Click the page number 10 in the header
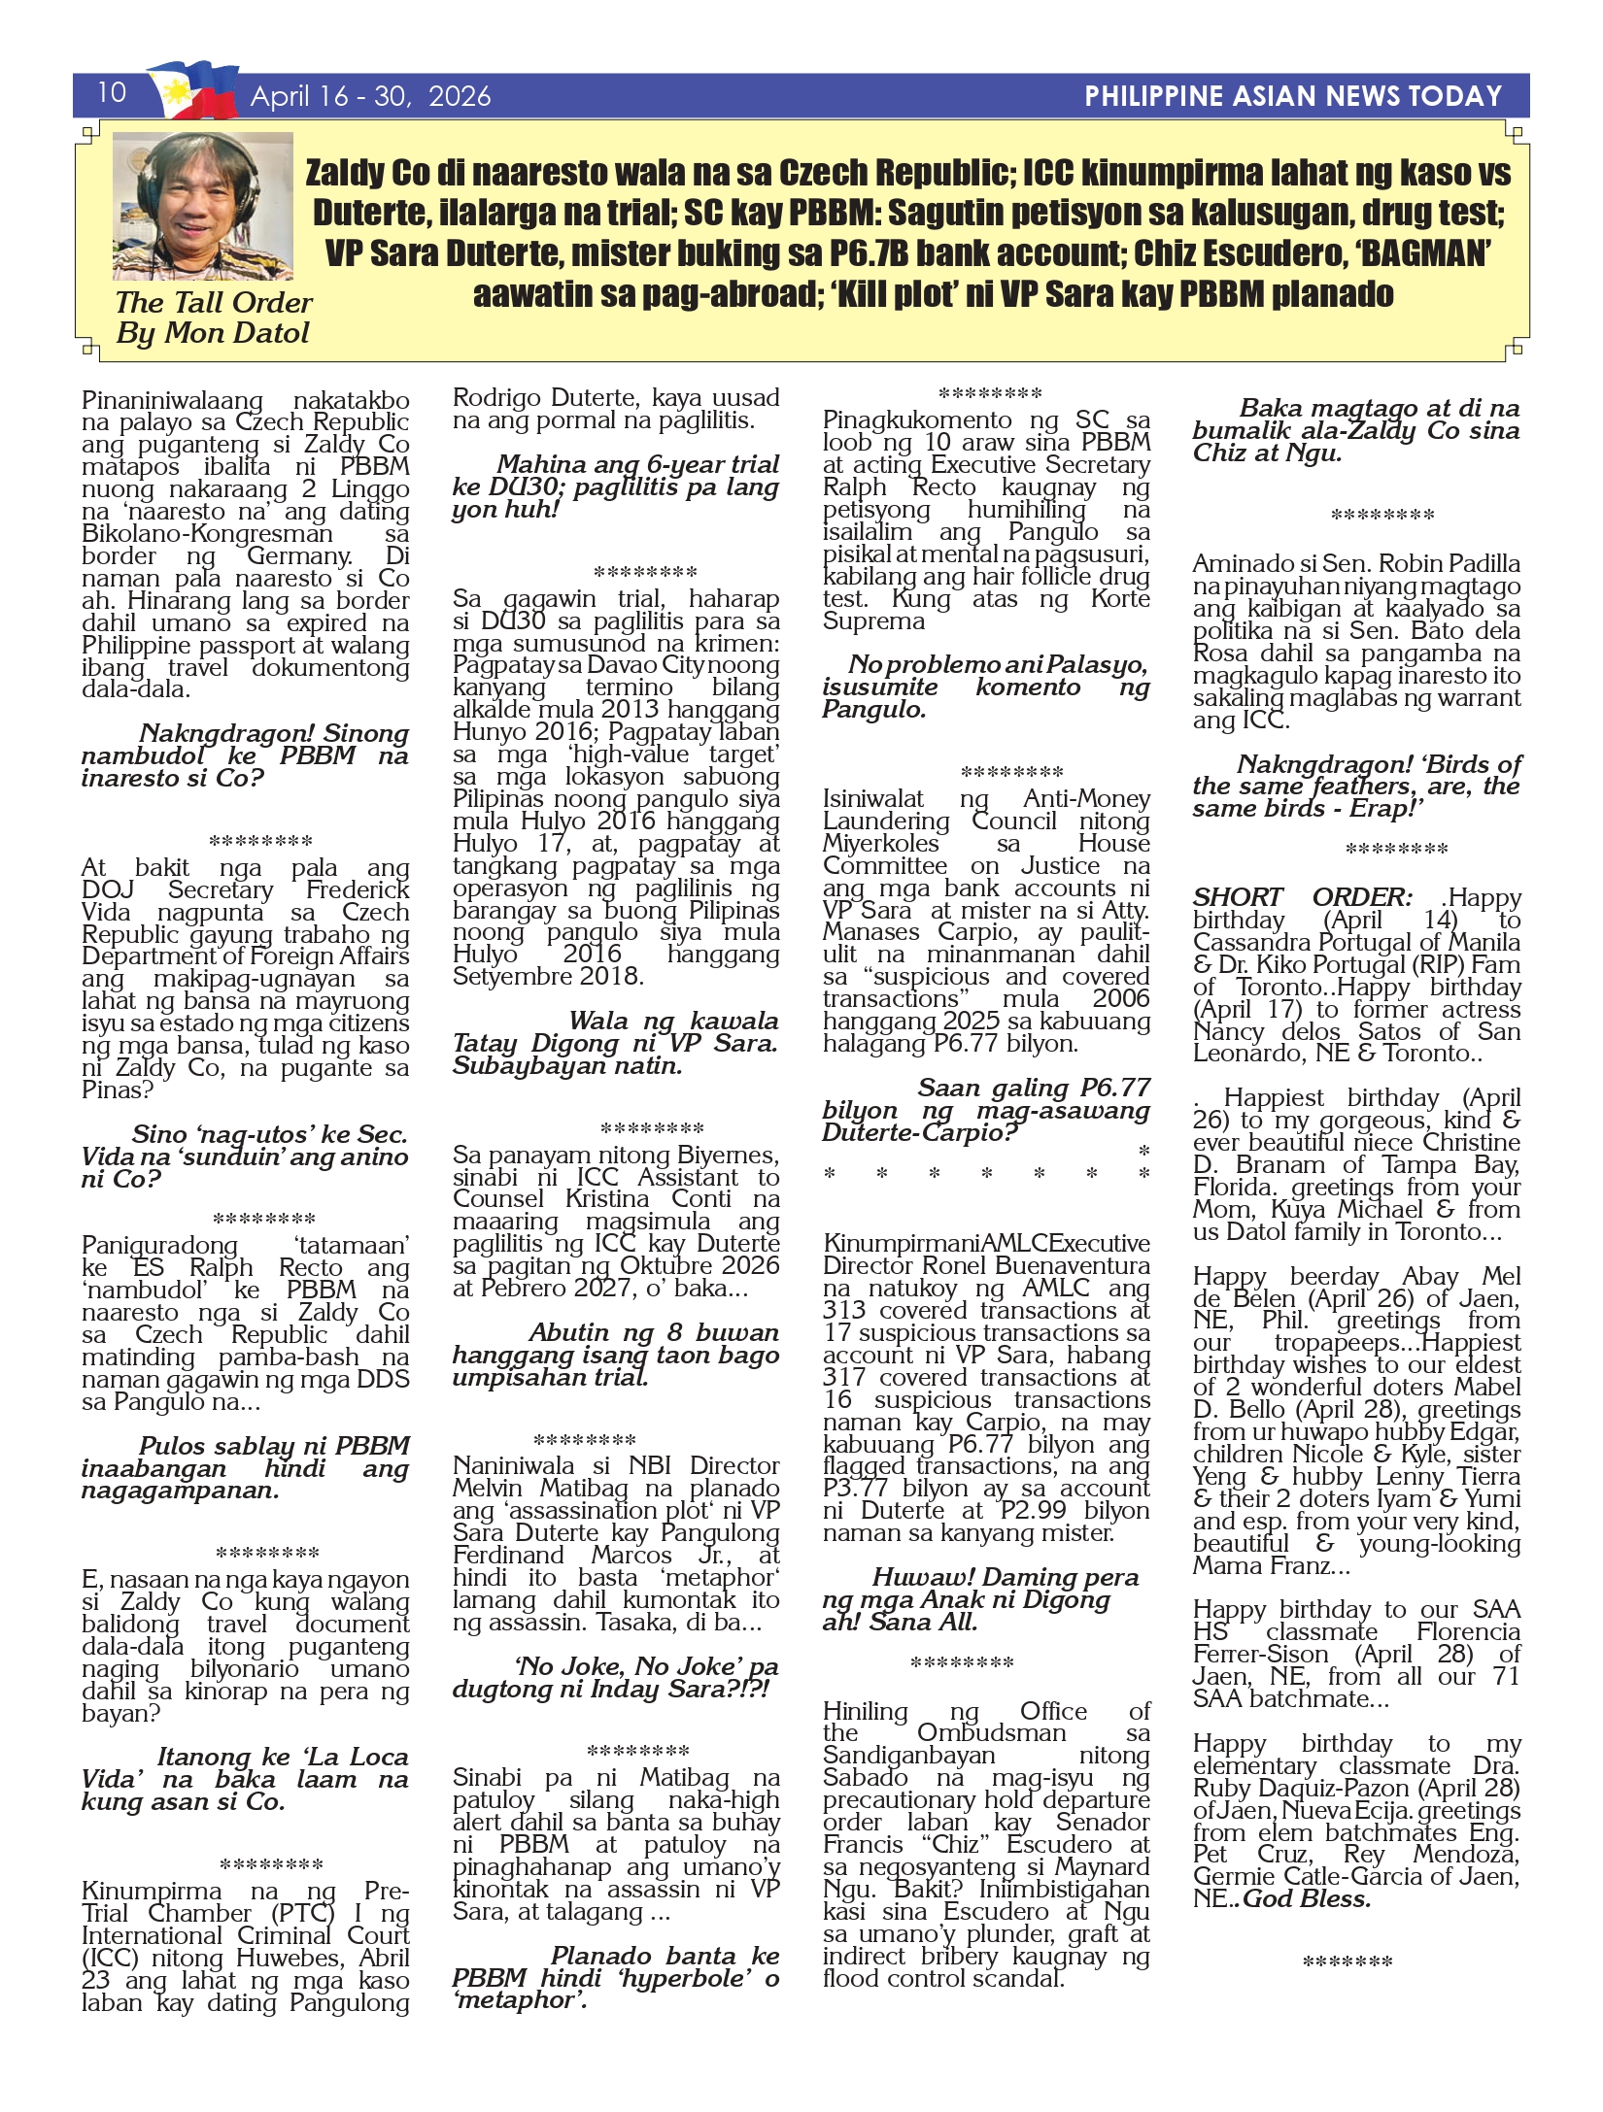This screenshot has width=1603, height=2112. [112, 92]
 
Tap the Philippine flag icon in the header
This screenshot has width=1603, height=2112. [193, 90]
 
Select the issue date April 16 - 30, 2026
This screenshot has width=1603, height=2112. [370, 96]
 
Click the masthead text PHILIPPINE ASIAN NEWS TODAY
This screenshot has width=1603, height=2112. [1293, 96]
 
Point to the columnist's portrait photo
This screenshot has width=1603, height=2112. [203, 206]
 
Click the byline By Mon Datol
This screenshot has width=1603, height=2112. [212, 333]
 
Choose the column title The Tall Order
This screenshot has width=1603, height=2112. [214, 303]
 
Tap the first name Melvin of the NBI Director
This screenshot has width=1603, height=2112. [490, 1489]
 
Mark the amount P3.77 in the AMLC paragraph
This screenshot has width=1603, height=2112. [858, 1489]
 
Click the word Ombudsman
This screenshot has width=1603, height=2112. [992, 1732]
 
